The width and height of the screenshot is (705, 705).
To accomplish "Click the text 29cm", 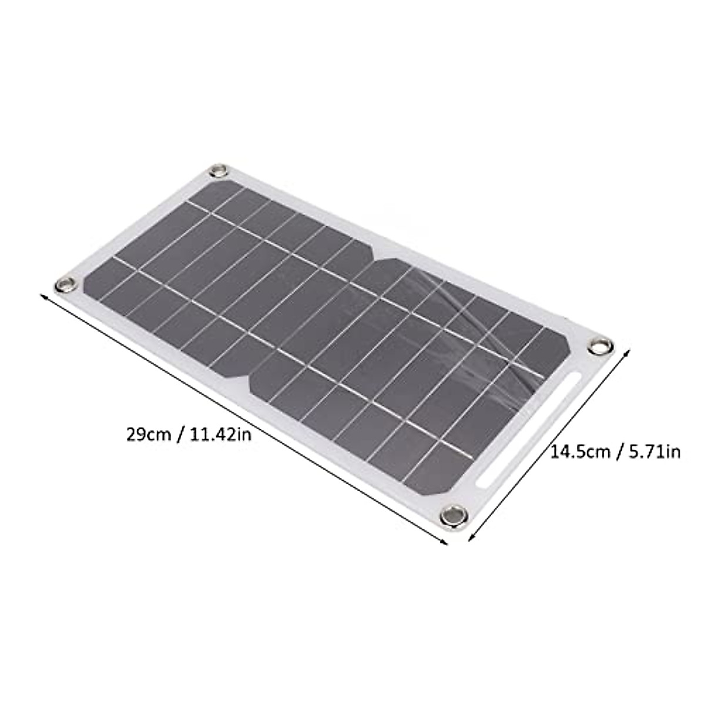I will click(147, 435).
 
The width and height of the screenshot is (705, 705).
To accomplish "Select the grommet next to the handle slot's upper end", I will click(600, 346).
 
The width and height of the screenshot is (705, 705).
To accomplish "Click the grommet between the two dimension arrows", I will click(453, 515).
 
